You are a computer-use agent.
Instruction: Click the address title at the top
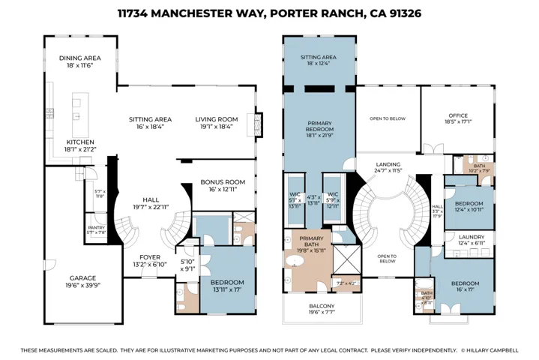269,13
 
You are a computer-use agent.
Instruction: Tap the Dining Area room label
80,62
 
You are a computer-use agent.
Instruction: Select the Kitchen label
80,145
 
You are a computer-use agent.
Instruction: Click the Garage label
82,281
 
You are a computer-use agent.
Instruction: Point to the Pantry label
96,229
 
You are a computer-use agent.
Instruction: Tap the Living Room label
216,123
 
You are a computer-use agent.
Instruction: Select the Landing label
388,167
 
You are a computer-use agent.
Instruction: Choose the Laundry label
471,239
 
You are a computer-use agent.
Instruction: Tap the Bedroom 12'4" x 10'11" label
469,207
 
